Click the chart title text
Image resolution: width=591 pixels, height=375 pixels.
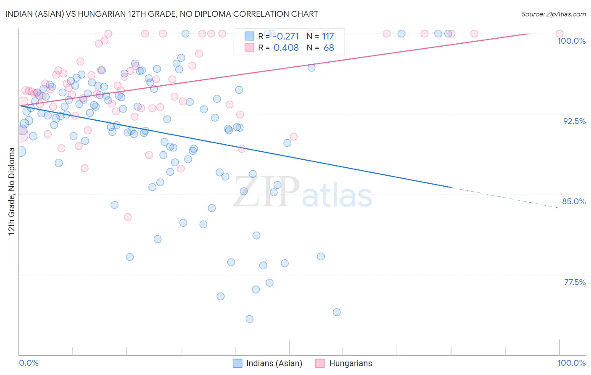coord(162,14)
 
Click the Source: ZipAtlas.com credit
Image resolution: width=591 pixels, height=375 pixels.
coord(553,14)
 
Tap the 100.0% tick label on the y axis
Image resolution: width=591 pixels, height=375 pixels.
coord(571,41)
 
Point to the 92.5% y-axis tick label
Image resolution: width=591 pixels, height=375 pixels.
coord(574,121)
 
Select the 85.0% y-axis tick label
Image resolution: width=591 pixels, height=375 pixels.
coord(574,201)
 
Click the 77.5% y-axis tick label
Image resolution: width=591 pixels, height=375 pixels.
coord(575,282)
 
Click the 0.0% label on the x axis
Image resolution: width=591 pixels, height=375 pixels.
coord(29,363)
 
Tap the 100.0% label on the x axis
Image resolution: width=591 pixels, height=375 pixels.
coord(571,363)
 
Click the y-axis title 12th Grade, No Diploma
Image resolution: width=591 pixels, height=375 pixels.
coord(12,191)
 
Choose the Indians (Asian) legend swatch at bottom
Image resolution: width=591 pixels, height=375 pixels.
coord(237,363)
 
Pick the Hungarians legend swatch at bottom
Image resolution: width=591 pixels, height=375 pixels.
coord(320,363)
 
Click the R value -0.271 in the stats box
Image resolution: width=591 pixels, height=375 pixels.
coord(286,36)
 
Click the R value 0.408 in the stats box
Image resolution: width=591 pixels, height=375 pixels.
coord(286,48)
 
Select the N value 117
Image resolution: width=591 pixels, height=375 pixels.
coord(328,36)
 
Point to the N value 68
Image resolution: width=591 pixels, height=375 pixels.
coord(329,48)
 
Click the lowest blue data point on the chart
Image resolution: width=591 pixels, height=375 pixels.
coord(249,319)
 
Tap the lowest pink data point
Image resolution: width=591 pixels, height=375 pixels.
coord(127,217)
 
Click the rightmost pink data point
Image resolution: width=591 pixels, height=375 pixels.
coord(559,34)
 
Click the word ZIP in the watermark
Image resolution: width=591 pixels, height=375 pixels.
coord(266,192)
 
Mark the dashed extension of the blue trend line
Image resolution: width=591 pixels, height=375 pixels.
coord(504,198)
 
